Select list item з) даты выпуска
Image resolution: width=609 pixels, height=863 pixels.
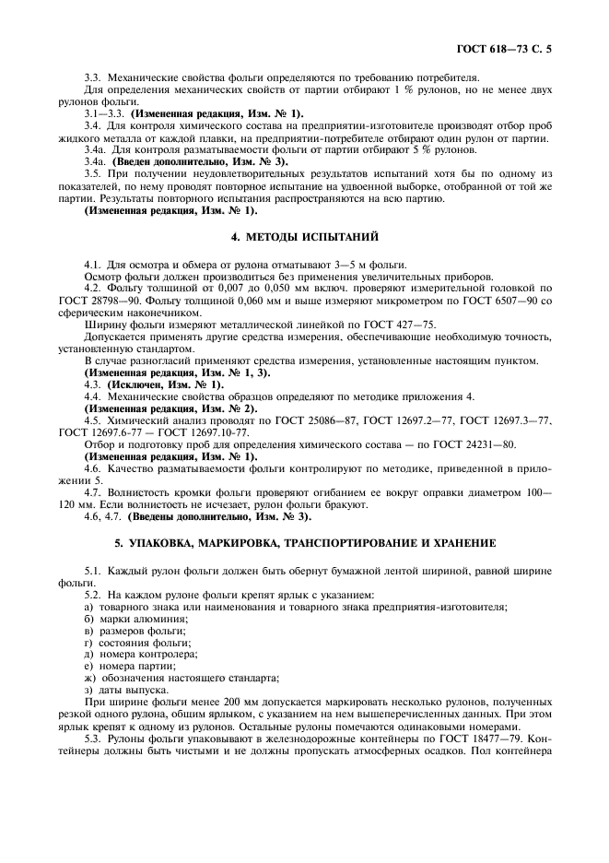pos(125,690)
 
